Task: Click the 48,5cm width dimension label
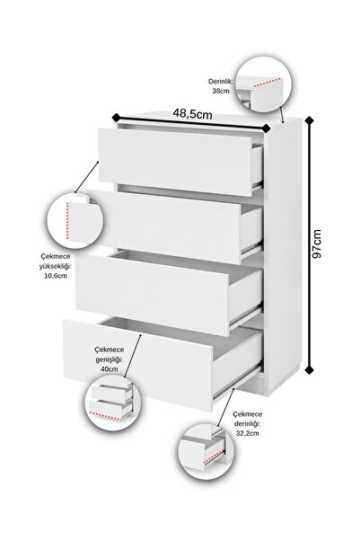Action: [x=192, y=113]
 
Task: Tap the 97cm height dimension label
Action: [x=316, y=243]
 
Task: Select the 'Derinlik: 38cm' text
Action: [x=221, y=86]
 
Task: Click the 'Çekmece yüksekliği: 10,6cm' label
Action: [x=56, y=266]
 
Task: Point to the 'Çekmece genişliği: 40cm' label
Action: [x=110, y=359]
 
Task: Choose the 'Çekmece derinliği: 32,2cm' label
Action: [x=247, y=423]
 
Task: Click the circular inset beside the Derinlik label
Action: [x=263, y=84]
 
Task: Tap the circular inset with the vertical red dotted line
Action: [x=75, y=221]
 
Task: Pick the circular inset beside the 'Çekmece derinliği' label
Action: [x=206, y=451]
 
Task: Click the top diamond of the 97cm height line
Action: [x=310, y=120]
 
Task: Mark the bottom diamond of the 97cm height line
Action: [x=310, y=369]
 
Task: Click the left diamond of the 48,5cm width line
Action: [x=117, y=117]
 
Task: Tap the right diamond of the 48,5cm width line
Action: [x=266, y=128]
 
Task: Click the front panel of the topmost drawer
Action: [x=176, y=162]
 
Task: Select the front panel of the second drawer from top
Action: [x=163, y=227]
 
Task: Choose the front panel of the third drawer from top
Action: [x=152, y=295]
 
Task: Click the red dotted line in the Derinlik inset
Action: [x=267, y=83]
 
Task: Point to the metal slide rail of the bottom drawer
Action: [x=238, y=382]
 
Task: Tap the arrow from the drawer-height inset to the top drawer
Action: [x=87, y=177]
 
